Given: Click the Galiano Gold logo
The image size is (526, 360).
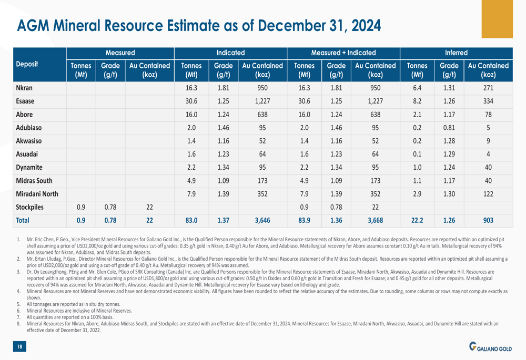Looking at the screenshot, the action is coord(490,347).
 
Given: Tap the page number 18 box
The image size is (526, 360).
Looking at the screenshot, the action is coord(19,346).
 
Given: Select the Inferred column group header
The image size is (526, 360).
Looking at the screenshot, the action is coord(456,53).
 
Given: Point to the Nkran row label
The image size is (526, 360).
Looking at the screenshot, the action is coord(24,88).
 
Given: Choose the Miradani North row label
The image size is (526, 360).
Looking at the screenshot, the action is coord(37,194).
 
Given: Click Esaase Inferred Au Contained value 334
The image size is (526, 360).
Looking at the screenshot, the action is coord(488,101).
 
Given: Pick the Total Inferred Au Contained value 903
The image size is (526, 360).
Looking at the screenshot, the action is coord(488,221).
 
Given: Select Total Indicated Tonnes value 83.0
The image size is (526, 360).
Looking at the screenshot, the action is coord(191,221).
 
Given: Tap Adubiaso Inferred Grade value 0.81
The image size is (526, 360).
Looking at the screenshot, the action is coord(449,128).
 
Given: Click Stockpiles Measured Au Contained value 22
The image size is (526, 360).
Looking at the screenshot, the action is coord(149,208).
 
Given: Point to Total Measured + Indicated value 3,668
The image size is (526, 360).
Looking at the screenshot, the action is coord(375,221).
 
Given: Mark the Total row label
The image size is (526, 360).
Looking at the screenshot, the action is coord(23,221).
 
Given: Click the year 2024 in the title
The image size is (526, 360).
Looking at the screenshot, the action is coord(366,25).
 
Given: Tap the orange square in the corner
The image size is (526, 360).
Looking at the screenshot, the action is coord(497,19).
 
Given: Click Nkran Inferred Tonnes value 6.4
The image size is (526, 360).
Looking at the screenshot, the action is coord(417,88).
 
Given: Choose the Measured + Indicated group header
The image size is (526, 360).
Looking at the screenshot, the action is coord(343,53).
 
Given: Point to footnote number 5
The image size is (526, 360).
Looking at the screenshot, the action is coord(18,304).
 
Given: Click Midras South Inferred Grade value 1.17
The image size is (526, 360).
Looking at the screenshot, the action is coord(449,181).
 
